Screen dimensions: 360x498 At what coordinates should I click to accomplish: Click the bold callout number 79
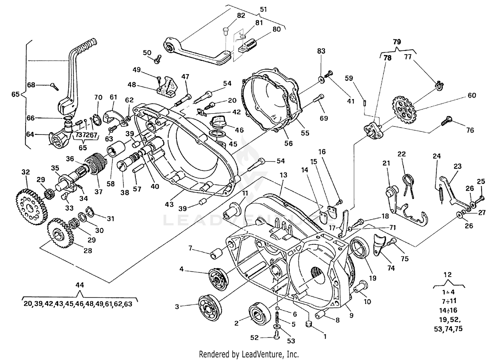point(397,42)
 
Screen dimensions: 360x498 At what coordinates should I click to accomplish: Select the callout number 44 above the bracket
point(80,285)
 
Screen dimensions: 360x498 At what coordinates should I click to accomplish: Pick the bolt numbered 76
point(447,123)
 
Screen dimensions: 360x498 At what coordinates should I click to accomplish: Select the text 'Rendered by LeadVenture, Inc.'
point(249,354)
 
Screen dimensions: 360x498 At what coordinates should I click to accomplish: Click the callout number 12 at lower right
point(448,275)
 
